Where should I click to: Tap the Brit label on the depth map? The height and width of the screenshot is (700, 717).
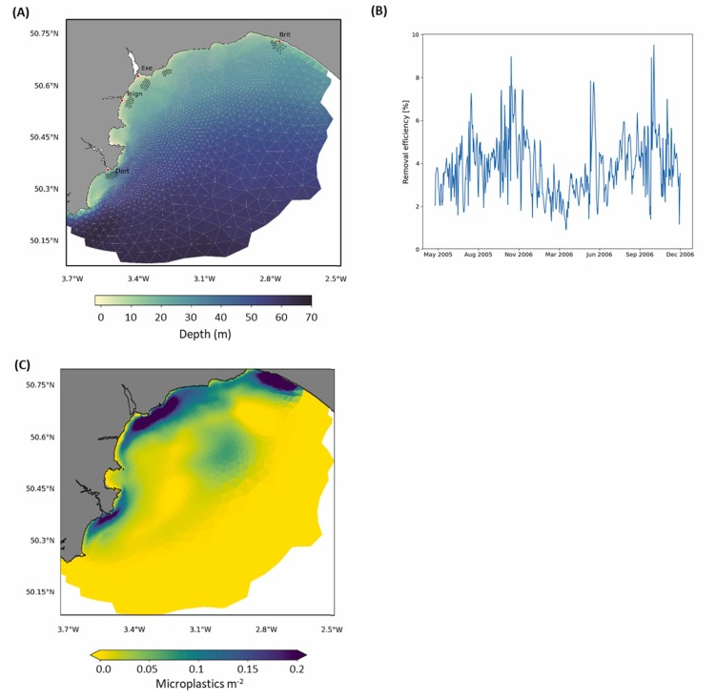pyautogui.click(x=284, y=34)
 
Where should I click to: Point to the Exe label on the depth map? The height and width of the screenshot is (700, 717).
pyautogui.click(x=146, y=68)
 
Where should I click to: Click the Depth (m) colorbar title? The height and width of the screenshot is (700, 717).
pyautogui.click(x=203, y=335)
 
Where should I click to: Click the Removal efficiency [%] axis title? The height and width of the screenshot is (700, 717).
pyautogui.click(x=405, y=141)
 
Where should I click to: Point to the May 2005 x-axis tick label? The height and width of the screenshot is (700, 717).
pyautogui.click(x=436, y=256)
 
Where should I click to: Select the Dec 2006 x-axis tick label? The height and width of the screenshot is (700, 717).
pyautogui.click(x=680, y=256)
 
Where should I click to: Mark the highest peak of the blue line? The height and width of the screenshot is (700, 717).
pyautogui.click(x=653, y=45)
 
